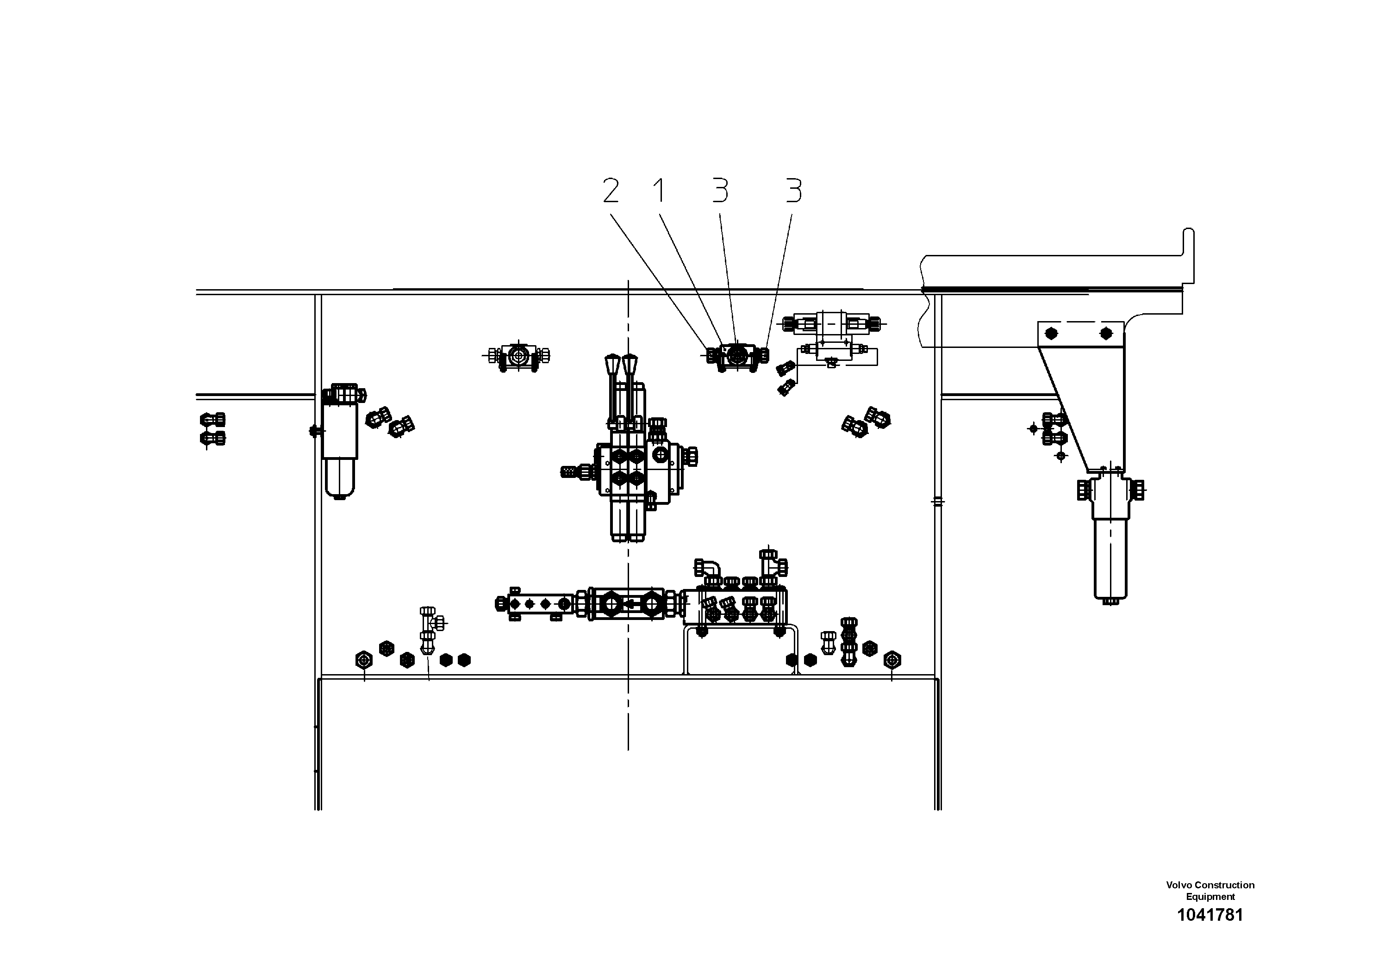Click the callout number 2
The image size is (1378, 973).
coord(611,190)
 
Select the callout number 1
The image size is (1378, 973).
coord(659,190)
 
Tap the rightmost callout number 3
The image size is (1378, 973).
coord(793,190)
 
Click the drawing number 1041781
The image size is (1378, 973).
coord(1210,915)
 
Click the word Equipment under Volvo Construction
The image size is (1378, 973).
coord(1210,897)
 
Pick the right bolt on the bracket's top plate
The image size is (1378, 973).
coord(1105,334)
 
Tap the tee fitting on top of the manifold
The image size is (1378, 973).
coord(771,564)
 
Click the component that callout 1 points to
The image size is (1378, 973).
coord(737,356)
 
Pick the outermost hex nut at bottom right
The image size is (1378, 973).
coord(892,659)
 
